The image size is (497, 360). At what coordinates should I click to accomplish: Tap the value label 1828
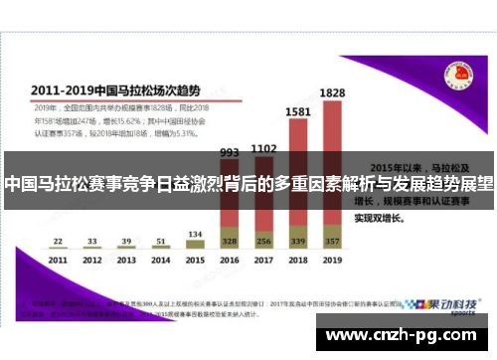click(332, 92)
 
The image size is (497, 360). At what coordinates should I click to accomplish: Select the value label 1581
click(297, 112)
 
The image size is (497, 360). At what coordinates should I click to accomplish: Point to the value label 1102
click(263, 148)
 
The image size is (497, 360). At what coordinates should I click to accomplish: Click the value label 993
click(230, 153)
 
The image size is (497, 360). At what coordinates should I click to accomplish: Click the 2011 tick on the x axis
click(58, 261)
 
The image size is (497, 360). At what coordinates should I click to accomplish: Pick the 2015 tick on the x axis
click(195, 261)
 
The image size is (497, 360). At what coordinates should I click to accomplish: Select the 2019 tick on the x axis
click(332, 261)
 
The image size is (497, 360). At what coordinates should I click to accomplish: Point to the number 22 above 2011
click(58, 241)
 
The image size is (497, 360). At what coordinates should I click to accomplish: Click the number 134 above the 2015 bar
click(195, 234)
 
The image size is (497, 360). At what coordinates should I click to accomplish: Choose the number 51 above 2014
click(160, 241)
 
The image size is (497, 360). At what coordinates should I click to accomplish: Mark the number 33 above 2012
click(91, 241)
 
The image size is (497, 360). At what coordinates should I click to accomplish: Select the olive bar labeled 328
click(230, 241)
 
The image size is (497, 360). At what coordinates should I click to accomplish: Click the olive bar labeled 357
click(332, 241)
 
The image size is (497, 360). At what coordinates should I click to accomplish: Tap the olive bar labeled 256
click(263, 241)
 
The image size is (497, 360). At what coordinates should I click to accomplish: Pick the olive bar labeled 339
click(297, 241)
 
